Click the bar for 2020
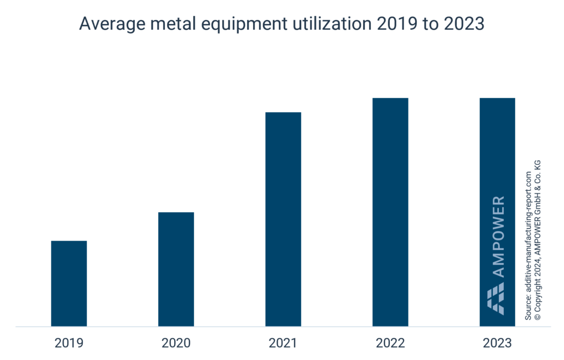[176, 269]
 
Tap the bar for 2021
[283, 219]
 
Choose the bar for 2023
[497, 164]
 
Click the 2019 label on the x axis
[69, 344]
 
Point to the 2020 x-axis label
[176, 344]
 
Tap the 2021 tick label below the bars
[283, 344]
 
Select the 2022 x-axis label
[390, 344]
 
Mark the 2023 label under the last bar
[497, 344]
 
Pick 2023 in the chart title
[464, 25]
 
